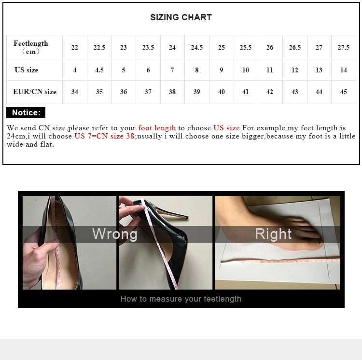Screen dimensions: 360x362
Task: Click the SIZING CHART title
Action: coord(181,17)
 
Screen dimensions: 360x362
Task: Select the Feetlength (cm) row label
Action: coord(31,47)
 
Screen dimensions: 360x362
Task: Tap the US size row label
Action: coord(27,70)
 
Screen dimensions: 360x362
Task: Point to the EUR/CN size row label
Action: coord(35,92)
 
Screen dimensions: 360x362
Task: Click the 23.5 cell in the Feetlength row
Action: coord(148,47)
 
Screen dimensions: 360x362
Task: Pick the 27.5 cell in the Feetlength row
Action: coord(344,47)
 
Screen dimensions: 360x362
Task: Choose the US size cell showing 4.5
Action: coord(99,70)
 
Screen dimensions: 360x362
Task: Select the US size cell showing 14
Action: coord(344,70)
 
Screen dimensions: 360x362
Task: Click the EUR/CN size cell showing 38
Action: coord(172,92)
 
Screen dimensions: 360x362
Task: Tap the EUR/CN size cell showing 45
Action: coord(344,92)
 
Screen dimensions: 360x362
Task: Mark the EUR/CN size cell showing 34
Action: coord(75,92)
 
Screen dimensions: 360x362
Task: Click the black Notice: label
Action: coord(26,113)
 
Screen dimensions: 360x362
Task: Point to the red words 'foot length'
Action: coord(157,128)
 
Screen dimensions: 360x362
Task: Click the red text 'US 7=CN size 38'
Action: coord(104,136)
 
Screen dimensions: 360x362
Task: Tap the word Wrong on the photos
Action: coord(115,234)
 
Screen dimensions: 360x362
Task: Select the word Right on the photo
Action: coord(273,234)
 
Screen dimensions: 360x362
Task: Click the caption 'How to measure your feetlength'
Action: coord(181,299)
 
